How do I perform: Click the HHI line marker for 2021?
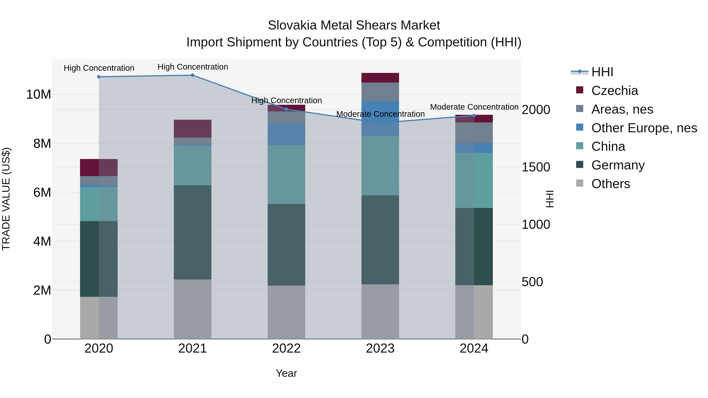[193, 75]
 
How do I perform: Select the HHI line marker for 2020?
[99, 77]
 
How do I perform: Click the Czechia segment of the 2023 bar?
[380, 78]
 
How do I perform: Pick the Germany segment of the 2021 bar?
[193, 232]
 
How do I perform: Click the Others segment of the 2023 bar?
[380, 312]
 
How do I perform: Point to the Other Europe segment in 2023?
[380, 118]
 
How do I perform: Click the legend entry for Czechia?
[614, 91]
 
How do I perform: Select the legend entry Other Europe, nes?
[644, 128]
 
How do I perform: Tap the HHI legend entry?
[602, 72]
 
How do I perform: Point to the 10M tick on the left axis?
[39, 95]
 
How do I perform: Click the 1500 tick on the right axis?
[536, 167]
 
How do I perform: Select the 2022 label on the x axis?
[286, 348]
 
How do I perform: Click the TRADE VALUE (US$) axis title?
[6, 199]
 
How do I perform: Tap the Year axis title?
[286, 373]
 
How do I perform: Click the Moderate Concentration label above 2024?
[474, 107]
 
